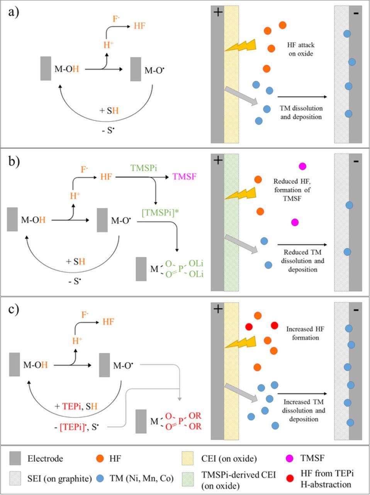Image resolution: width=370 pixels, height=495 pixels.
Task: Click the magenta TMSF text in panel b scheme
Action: (x=184, y=177)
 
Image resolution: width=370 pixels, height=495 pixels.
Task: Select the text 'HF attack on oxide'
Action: (x=300, y=49)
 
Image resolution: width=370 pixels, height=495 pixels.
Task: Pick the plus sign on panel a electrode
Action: (x=218, y=12)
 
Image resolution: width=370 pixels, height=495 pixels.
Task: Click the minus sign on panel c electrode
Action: (x=356, y=310)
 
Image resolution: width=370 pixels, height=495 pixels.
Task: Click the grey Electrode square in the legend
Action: (x=16, y=459)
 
